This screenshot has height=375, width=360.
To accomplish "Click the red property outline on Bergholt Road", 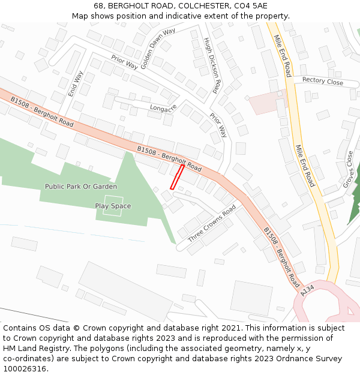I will pyautogui.click(x=177, y=176).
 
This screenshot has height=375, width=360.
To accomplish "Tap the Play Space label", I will pyautogui.click(x=113, y=206).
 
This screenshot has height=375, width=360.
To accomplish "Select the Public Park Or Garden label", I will pyautogui.click(x=81, y=187).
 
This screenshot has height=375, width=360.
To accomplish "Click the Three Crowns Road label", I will pyautogui.click(x=212, y=224).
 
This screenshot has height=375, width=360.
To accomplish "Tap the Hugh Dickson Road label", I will pyautogui.click(x=212, y=66).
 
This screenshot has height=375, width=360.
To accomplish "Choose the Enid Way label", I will pyautogui.click(x=74, y=83).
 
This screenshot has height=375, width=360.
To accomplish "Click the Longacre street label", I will pyautogui.click(x=163, y=108).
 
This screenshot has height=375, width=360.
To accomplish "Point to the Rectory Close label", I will pyautogui.click(x=323, y=81).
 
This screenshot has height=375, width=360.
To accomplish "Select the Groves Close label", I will pyautogui.click(x=349, y=169).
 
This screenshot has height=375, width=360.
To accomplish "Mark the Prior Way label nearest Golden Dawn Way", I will pyautogui.click(x=124, y=62).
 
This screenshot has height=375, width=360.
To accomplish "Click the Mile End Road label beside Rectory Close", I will pyautogui.click(x=281, y=55).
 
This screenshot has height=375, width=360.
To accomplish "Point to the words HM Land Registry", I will pyautogui.click(x=38, y=348).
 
